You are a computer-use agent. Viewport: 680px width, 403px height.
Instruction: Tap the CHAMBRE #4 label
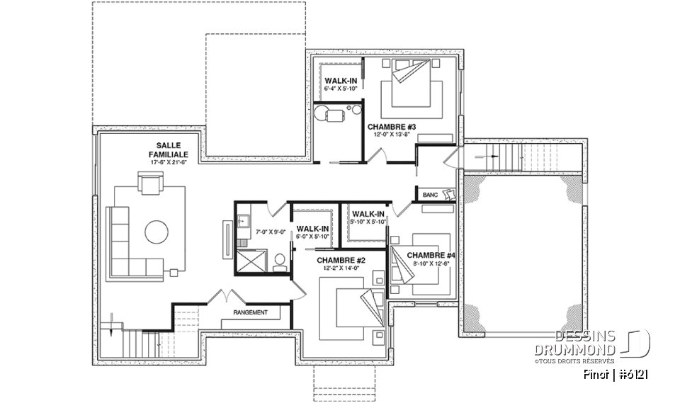[431, 255]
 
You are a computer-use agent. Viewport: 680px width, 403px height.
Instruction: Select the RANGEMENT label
[250, 312]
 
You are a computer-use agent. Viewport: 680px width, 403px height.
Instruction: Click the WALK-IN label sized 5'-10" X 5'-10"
[368, 214]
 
